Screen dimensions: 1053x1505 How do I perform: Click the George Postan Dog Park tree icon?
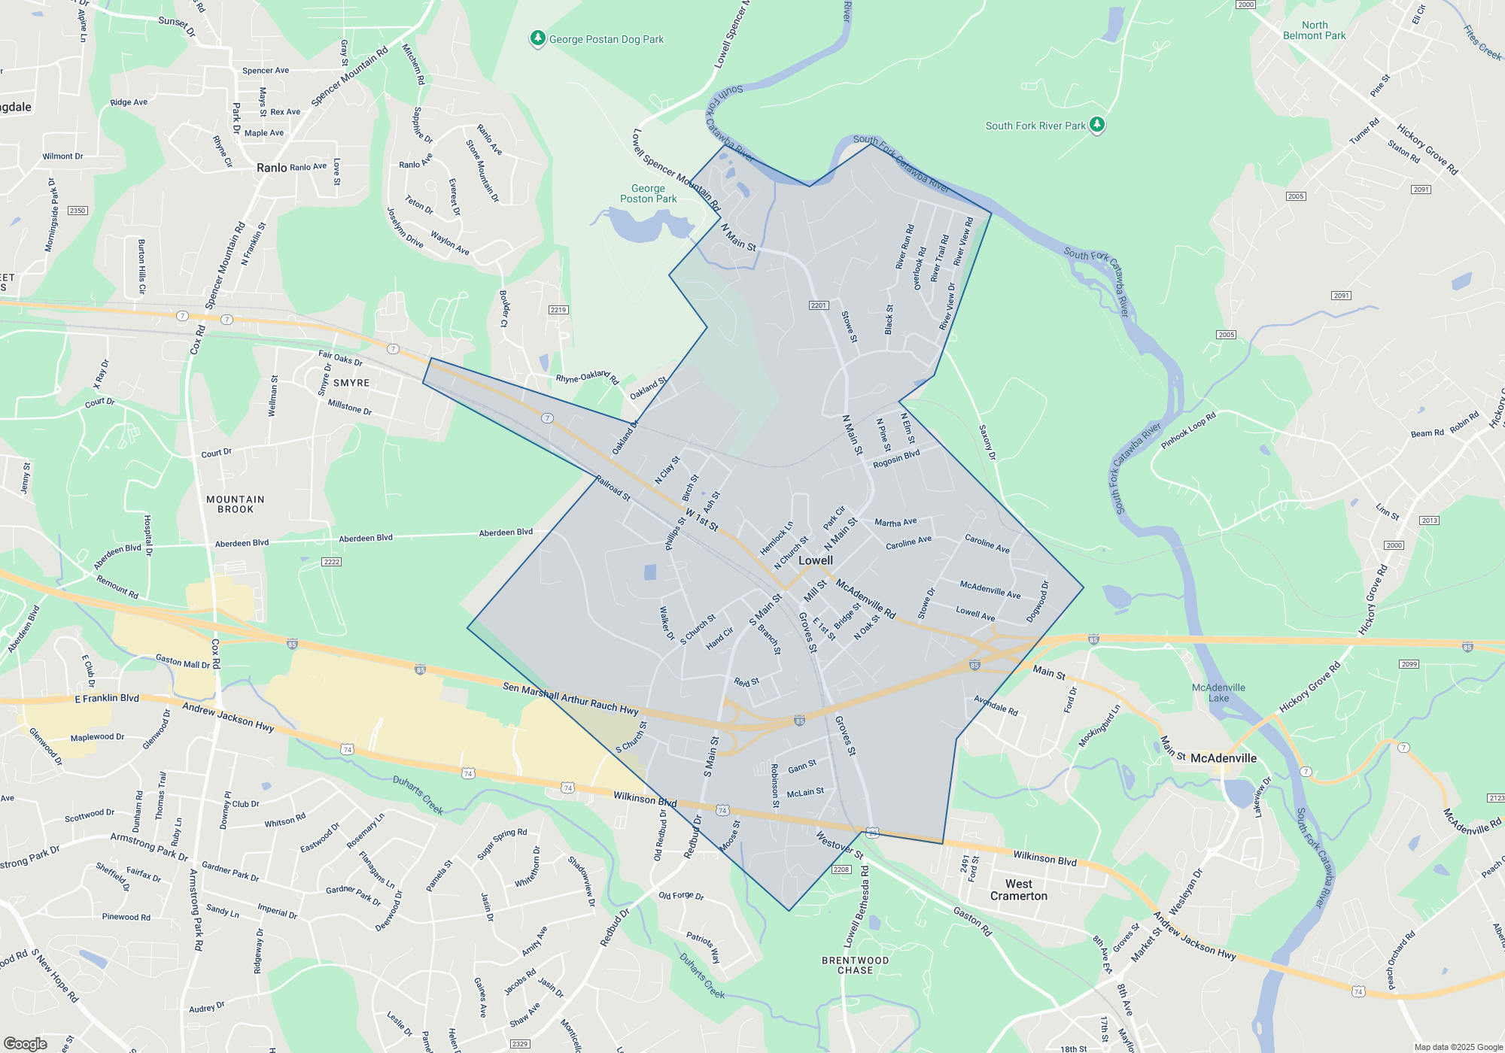pos(537,38)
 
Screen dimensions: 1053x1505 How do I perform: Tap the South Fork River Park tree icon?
pos(1097,124)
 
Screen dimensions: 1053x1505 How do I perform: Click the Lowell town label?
pos(816,560)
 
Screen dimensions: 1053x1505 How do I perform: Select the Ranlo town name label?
pos(272,168)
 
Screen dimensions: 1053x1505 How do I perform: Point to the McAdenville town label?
pos(1223,758)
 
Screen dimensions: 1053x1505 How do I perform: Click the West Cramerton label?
pos(1018,890)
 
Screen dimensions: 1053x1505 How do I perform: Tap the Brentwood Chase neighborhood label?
pos(855,965)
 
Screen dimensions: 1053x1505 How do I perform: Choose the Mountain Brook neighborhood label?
pos(236,505)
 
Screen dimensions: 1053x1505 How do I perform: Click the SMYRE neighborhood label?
pos(351,383)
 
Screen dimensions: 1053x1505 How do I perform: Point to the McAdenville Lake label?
pos(1218,693)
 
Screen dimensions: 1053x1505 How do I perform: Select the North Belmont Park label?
pos(1314,30)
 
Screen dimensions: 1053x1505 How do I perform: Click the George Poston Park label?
pos(648,193)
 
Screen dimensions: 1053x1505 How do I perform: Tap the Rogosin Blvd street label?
pos(896,459)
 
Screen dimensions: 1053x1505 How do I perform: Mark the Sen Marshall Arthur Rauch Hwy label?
pos(570,699)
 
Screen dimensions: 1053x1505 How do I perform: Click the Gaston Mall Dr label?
pos(183,661)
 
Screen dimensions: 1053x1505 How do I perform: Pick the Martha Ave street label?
pos(895,522)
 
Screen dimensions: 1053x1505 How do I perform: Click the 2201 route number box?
pos(819,305)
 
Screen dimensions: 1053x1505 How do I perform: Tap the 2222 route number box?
pos(331,562)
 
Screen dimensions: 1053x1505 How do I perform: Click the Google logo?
pos(26,1044)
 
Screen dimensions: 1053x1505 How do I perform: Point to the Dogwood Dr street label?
pos(1038,602)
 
